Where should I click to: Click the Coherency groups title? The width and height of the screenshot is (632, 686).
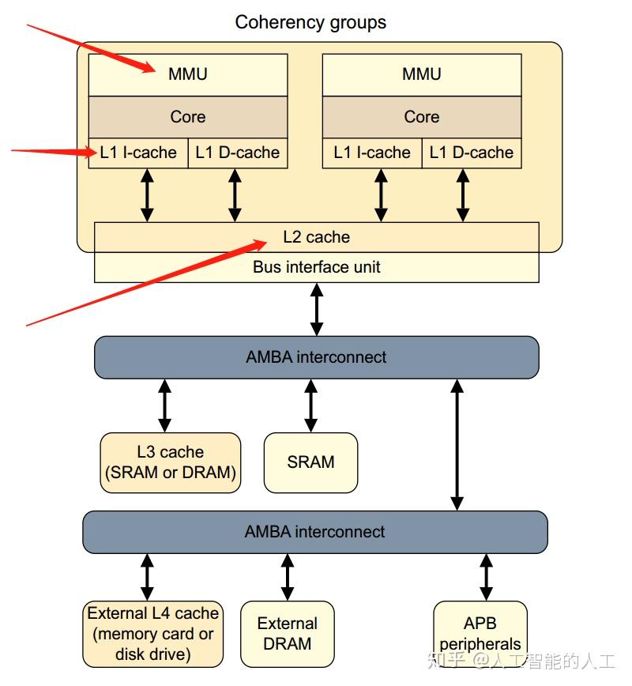[310, 22]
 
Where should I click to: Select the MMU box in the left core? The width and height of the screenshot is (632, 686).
[187, 74]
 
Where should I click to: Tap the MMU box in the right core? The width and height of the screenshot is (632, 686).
[421, 74]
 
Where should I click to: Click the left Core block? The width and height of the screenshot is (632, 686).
[187, 117]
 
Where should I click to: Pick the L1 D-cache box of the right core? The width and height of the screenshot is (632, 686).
[472, 153]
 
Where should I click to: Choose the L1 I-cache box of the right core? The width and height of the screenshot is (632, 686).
[372, 153]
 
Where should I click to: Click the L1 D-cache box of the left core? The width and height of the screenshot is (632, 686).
[237, 153]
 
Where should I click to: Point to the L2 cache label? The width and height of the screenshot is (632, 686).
[316, 237]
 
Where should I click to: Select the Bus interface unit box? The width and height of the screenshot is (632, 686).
[316, 267]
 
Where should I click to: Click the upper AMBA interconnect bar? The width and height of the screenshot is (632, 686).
[316, 357]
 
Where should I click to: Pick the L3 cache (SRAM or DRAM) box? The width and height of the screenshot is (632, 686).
[171, 463]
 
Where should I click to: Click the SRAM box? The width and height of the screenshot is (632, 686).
[310, 462]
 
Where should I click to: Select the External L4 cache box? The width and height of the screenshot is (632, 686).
[153, 634]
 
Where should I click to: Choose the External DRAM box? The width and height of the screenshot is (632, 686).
[287, 634]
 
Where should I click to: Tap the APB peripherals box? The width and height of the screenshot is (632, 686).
[480, 634]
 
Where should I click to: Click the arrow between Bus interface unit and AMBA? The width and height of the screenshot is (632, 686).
[316, 309]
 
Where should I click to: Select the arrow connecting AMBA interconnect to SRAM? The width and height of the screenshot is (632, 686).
[310, 405]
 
